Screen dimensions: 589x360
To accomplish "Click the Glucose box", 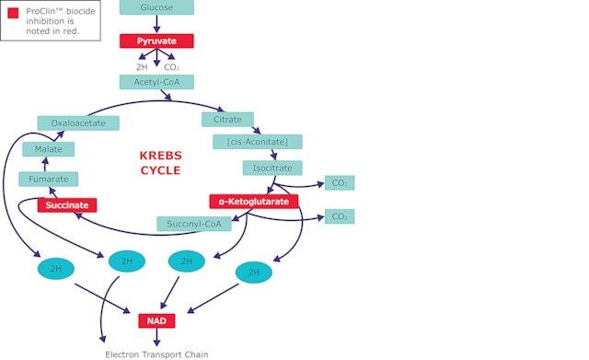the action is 156,7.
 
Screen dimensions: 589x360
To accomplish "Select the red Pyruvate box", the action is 156,41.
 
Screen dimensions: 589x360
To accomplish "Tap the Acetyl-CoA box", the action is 156,82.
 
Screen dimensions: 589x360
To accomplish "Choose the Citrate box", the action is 227,120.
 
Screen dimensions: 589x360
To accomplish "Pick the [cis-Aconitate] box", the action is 258,142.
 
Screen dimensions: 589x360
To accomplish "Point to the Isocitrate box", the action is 272,168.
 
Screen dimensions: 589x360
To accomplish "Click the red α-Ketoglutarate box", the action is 254,202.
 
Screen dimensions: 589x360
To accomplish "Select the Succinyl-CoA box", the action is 194,224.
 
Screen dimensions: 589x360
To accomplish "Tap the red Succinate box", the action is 67,205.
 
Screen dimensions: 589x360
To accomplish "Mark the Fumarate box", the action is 49,180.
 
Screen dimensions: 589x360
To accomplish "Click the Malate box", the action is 49,149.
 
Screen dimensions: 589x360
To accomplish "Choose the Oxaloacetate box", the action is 78,123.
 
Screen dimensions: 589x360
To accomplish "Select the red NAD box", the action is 156,321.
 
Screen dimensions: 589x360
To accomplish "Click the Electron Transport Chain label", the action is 156,354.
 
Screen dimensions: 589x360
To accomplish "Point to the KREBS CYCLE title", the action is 160,163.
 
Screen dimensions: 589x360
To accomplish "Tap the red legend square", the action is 13,13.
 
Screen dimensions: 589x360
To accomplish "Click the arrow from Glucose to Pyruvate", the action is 156,24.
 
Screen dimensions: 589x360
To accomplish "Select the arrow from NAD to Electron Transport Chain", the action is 156,337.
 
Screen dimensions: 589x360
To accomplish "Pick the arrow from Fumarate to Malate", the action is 45,164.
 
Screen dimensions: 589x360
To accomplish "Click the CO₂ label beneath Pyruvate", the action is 171,67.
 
